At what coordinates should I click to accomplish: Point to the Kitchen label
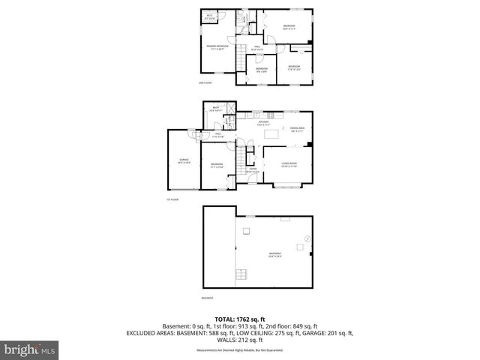[263, 124]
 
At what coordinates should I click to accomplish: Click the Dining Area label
[297, 130]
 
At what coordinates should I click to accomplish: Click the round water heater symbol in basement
[306, 238]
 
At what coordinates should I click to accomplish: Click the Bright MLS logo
[30, 349]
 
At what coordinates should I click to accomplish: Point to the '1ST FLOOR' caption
[172, 199]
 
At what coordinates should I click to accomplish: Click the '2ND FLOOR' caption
[205, 82]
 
